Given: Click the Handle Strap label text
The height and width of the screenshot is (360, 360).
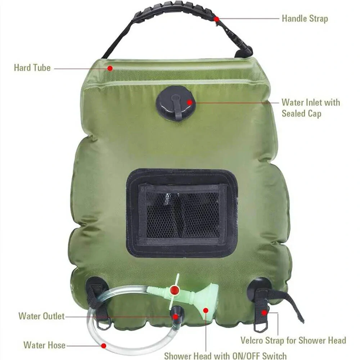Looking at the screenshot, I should click(x=305, y=18).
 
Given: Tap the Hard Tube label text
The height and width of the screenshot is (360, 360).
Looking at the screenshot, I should click(x=32, y=67).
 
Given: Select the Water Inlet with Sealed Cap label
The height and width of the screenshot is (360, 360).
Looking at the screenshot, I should click(x=310, y=108).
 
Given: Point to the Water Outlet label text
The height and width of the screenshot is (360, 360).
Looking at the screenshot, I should click(x=41, y=316).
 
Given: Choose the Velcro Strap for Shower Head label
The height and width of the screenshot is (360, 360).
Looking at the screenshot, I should click(x=293, y=340).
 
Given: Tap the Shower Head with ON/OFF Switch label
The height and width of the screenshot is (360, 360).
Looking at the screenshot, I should click(x=225, y=356).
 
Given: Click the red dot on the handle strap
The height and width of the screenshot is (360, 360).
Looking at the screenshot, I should click(x=216, y=19).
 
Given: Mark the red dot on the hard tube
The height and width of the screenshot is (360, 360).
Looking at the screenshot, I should click(x=110, y=67).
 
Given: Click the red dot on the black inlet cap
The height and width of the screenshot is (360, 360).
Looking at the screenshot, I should click(x=190, y=102).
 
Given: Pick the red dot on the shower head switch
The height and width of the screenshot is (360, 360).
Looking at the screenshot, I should click(x=175, y=289).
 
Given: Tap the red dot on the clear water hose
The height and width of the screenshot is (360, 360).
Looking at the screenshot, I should click(x=103, y=346).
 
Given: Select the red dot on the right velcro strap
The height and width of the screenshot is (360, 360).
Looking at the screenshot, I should click(x=264, y=312).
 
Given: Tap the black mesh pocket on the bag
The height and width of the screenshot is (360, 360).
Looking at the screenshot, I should click(x=182, y=212).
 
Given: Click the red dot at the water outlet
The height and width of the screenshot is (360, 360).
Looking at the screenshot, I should click(x=175, y=317).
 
